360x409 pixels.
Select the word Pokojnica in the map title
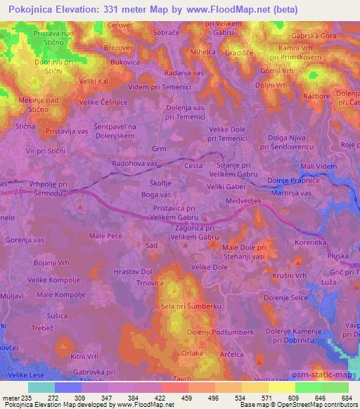pos(36,9)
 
